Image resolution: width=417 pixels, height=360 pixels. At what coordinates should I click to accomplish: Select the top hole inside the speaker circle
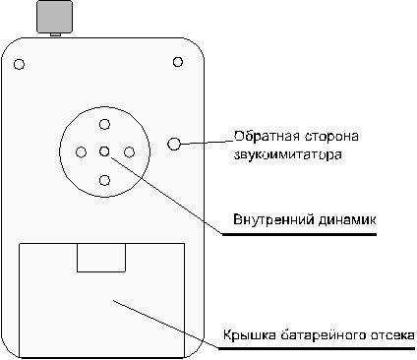coord(105,124)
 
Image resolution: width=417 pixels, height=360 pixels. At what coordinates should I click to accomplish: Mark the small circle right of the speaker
coord(175,144)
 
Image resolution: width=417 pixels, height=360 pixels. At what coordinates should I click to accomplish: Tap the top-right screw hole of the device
coord(177,61)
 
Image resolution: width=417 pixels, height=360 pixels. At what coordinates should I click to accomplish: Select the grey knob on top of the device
coord(56,16)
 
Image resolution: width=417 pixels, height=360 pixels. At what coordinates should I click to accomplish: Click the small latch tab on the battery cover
coord(101,257)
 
